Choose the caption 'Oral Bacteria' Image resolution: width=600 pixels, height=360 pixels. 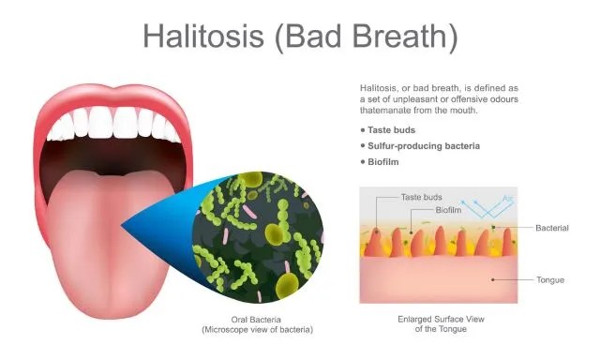pyautogui.click(x=257, y=320)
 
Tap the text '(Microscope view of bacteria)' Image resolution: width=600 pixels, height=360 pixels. pyautogui.click(x=257, y=330)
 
